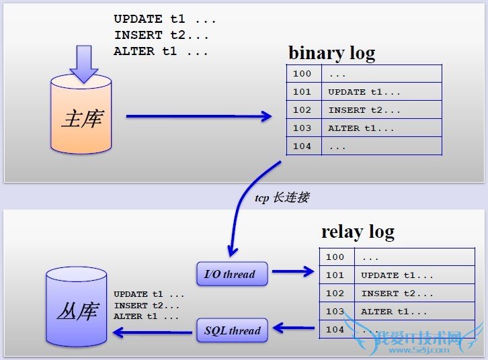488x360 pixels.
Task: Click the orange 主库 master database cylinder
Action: click(x=81, y=118)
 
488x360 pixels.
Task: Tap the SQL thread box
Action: click(x=232, y=330)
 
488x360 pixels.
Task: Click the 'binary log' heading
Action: click(x=331, y=52)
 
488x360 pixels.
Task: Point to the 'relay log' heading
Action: click(x=358, y=232)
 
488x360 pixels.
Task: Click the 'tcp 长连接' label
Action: click(x=282, y=198)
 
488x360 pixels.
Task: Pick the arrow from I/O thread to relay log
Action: click(x=292, y=272)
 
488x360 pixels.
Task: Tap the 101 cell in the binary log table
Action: click(x=302, y=92)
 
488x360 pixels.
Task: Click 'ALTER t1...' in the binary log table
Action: click(x=361, y=128)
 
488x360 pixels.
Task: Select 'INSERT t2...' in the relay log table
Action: click(x=397, y=294)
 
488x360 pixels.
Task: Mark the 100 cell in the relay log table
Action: click(x=335, y=257)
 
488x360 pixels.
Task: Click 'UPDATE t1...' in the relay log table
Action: click(x=397, y=275)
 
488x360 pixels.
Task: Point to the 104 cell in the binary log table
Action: click(x=302, y=146)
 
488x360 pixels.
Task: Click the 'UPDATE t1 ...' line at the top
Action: click(x=156, y=19)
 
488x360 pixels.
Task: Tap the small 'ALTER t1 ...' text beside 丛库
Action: click(x=147, y=316)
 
